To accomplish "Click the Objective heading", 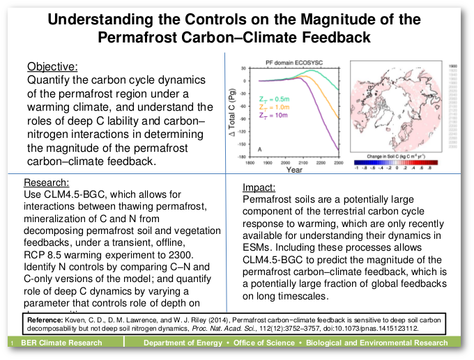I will pyautogui.click(x=52, y=68).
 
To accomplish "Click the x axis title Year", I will pyautogui.click(x=293, y=169).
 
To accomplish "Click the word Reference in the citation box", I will pyautogui.click(x=43, y=319).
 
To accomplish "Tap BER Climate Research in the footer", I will pyautogui.click(x=61, y=343).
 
